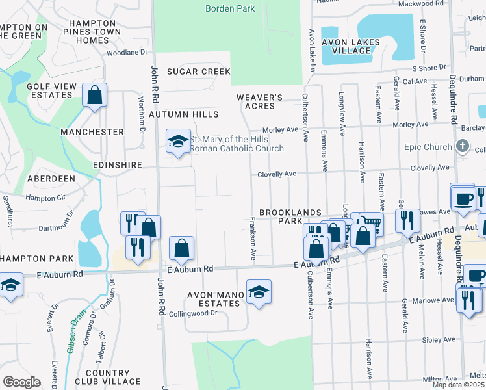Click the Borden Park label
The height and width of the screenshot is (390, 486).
pyautogui.click(x=230, y=8)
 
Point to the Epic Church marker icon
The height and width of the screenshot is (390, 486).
pyautogui.click(x=462, y=146)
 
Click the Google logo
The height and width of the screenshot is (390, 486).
pyautogui.click(x=21, y=382)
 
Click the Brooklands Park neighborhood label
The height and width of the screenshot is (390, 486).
pyautogui.click(x=290, y=217)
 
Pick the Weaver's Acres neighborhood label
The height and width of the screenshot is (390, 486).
pyautogui.click(x=259, y=101)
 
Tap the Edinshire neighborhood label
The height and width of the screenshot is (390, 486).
pyautogui.click(x=117, y=165)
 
